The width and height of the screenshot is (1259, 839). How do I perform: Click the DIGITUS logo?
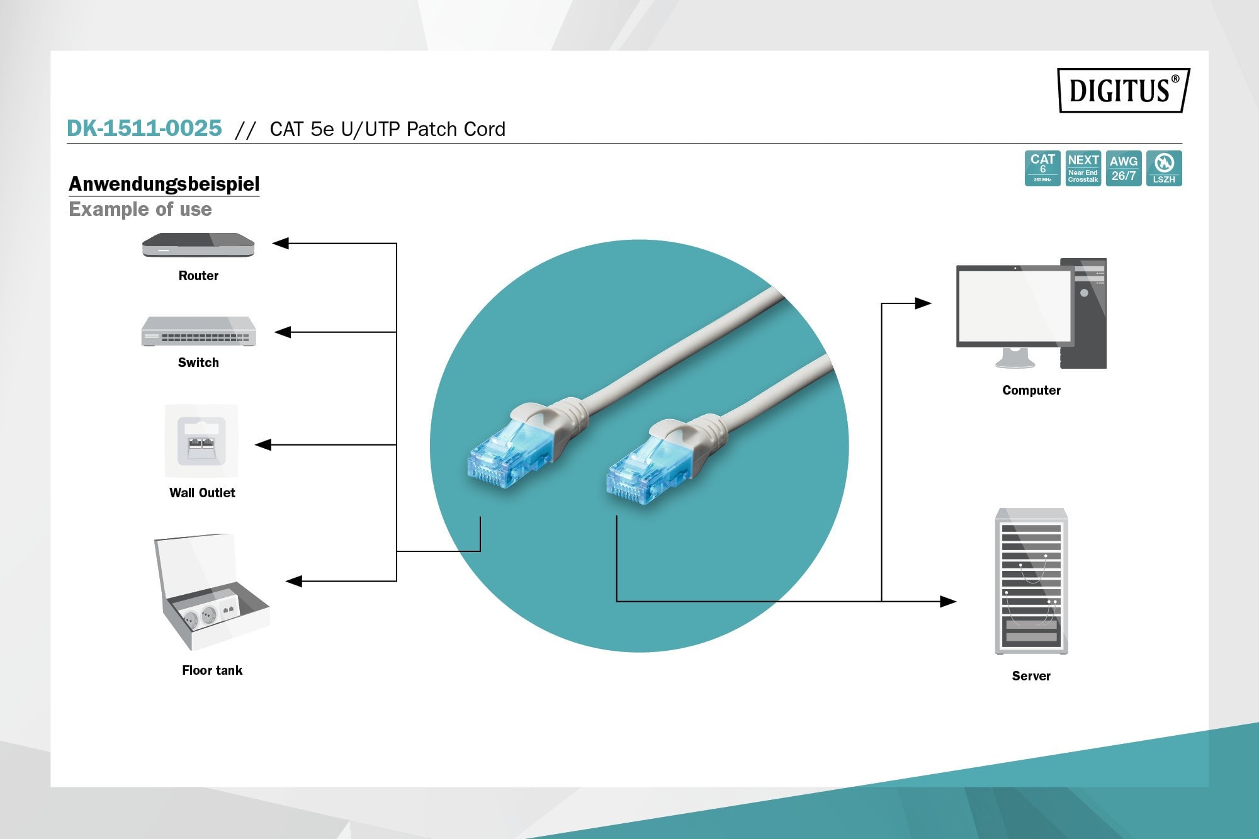pyautogui.click(x=1124, y=90)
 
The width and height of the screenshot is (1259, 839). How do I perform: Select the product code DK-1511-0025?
pyautogui.click(x=144, y=128)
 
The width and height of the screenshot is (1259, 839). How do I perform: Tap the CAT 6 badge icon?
pyautogui.click(x=1042, y=168)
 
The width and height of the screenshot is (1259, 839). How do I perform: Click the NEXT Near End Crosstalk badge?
pyautogui.click(x=1083, y=168)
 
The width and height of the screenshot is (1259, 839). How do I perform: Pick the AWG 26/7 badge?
pyautogui.click(x=1124, y=168)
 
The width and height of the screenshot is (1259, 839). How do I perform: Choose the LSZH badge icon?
pyautogui.click(x=1164, y=168)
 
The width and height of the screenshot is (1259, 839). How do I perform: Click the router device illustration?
pyautogui.click(x=198, y=245)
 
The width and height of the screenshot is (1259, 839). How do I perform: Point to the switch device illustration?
pyautogui.click(x=198, y=331)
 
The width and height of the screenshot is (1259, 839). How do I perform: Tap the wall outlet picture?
pyautogui.click(x=201, y=441)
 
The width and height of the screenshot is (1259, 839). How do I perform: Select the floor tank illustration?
pyautogui.click(x=212, y=592)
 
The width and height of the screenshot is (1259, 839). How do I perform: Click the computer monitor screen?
pyautogui.click(x=1014, y=305)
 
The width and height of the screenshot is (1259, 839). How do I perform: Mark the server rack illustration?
pyautogui.click(x=1031, y=581)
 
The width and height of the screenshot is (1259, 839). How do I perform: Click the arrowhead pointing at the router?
pyautogui.click(x=281, y=243)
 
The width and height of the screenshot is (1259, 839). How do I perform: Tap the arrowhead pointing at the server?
pyautogui.click(x=948, y=602)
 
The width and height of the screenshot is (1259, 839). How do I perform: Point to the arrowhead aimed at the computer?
pyautogui.click(x=923, y=303)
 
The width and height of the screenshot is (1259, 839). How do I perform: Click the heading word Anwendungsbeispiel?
pyautogui.click(x=164, y=184)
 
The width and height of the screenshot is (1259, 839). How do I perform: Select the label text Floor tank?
pyautogui.click(x=212, y=670)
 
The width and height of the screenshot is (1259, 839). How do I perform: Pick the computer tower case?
pyautogui.click(x=1083, y=313)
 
